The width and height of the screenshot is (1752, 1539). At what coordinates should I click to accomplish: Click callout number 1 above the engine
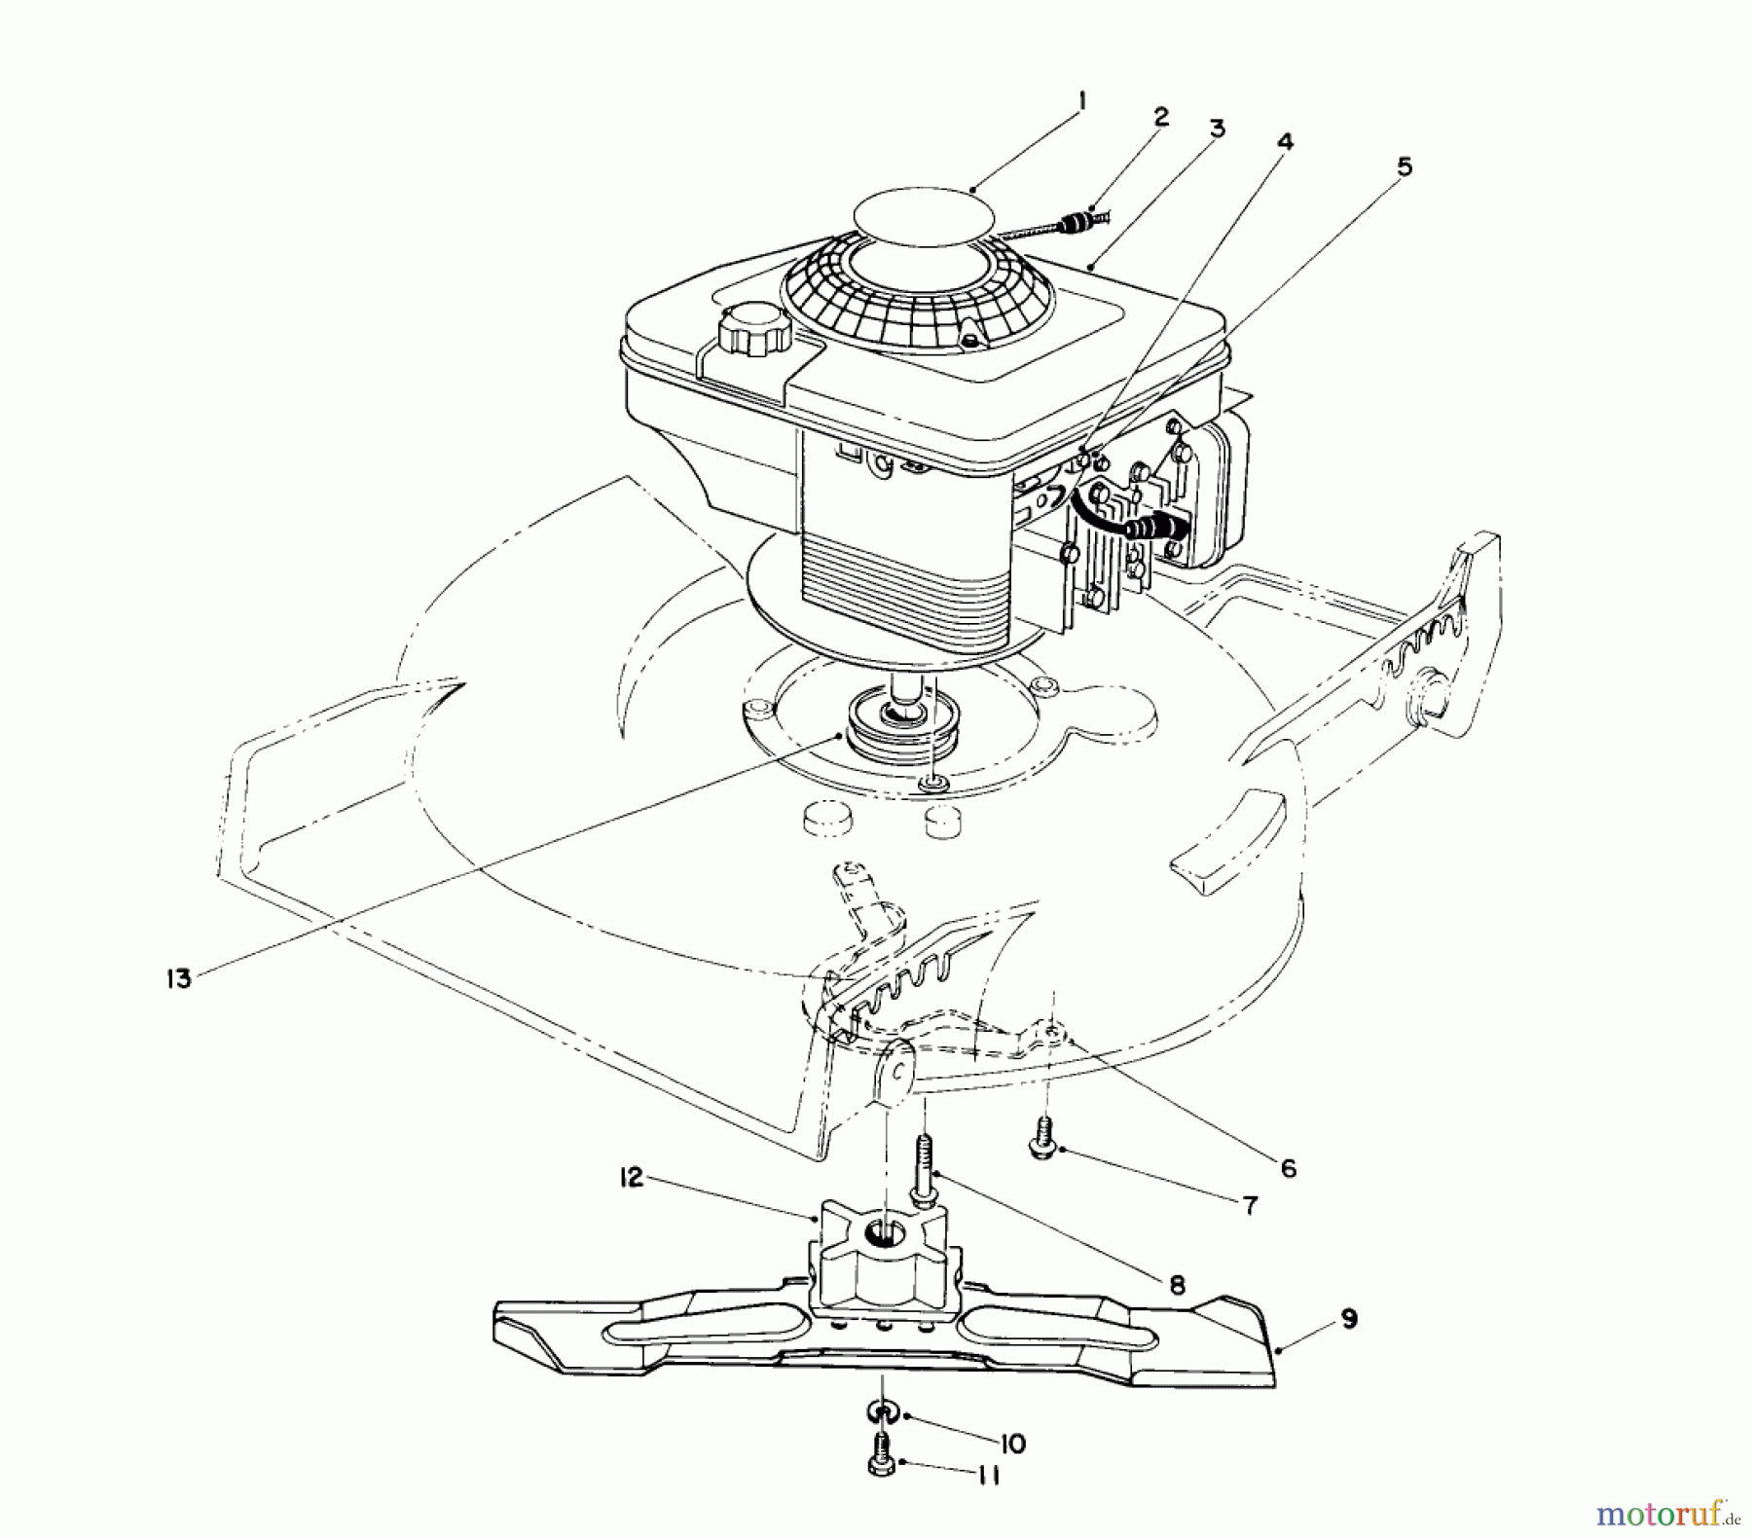1082,101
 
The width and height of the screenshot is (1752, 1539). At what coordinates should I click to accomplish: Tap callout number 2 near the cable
1160,118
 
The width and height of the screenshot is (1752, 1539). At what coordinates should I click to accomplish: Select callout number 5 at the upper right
1403,167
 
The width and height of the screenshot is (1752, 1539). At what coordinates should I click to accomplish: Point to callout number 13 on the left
179,978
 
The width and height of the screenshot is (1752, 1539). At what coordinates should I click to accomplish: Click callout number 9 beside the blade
1348,1321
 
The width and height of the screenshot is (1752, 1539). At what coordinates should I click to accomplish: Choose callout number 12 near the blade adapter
633,1178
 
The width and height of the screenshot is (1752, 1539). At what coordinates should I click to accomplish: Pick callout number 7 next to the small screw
1249,1205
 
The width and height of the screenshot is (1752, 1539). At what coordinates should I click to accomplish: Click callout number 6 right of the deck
1288,1167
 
